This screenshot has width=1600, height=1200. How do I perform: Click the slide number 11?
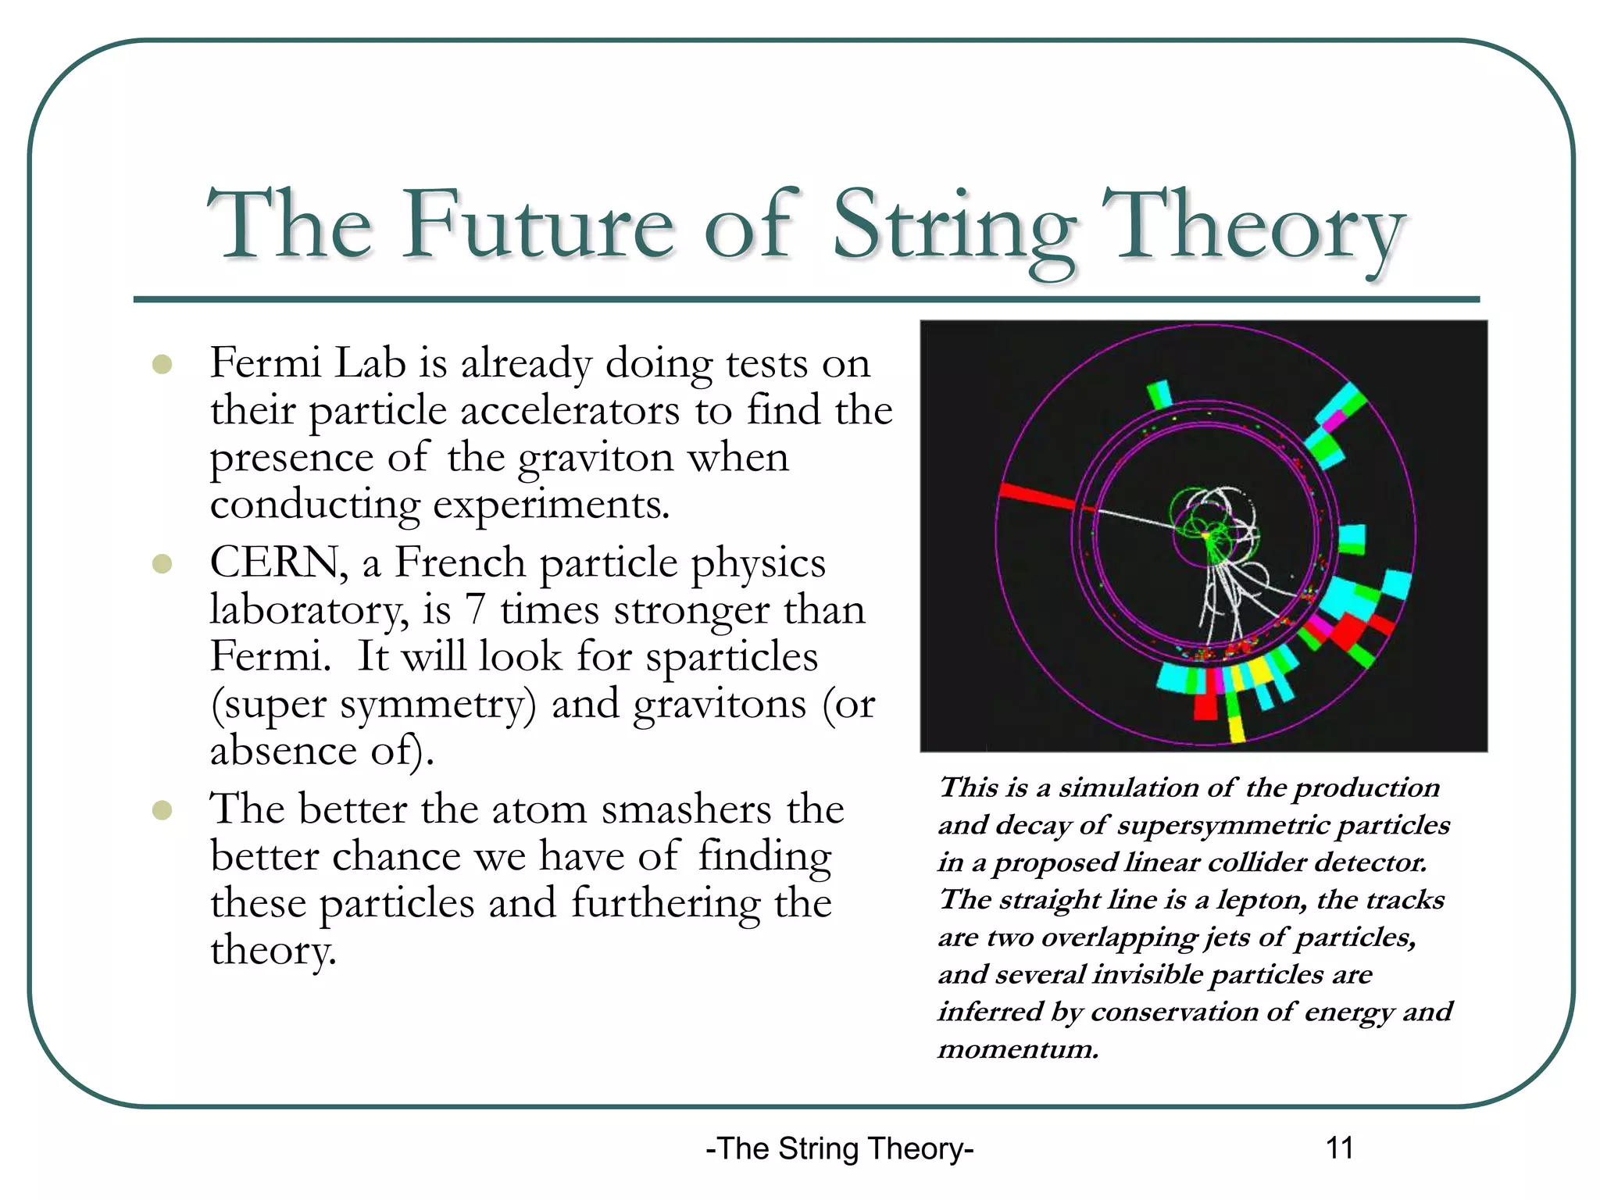point(1339,1148)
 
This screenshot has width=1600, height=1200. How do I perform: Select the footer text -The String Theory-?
point(839,1148)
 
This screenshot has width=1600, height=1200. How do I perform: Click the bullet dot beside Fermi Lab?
point(162,364)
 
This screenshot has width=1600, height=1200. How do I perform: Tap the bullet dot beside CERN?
point(162,563)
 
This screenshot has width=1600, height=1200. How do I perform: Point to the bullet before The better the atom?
point(162,809)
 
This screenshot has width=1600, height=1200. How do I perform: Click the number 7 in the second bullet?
point(474,609)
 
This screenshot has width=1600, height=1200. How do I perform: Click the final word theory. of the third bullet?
point(273,950)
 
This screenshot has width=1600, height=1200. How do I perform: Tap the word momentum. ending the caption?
point(1018,1049)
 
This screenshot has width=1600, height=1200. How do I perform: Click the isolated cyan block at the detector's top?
point(1160,394)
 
